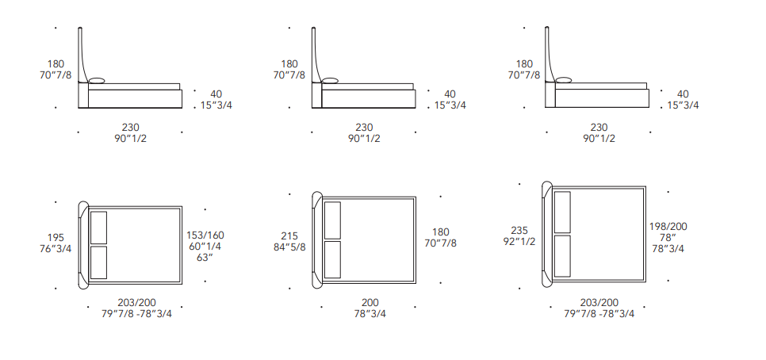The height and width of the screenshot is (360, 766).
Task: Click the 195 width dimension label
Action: tap(56, 238)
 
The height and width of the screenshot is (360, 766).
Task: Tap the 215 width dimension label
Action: tap(289, 236)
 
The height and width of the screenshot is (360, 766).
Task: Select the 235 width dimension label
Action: tap(519, 231)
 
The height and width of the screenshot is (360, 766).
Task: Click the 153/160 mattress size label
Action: tap(205, 236)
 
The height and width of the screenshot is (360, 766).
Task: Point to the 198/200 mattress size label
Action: tap(668, 227)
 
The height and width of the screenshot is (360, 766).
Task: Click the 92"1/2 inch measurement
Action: tap(519, 241)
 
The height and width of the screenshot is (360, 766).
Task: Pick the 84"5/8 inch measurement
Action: tap(289, 247)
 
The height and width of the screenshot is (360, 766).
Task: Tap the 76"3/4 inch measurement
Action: tap(56, 249)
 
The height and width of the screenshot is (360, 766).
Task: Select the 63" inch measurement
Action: tap(205, 258)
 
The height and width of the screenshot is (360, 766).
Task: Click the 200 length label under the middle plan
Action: tap(370, 303)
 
